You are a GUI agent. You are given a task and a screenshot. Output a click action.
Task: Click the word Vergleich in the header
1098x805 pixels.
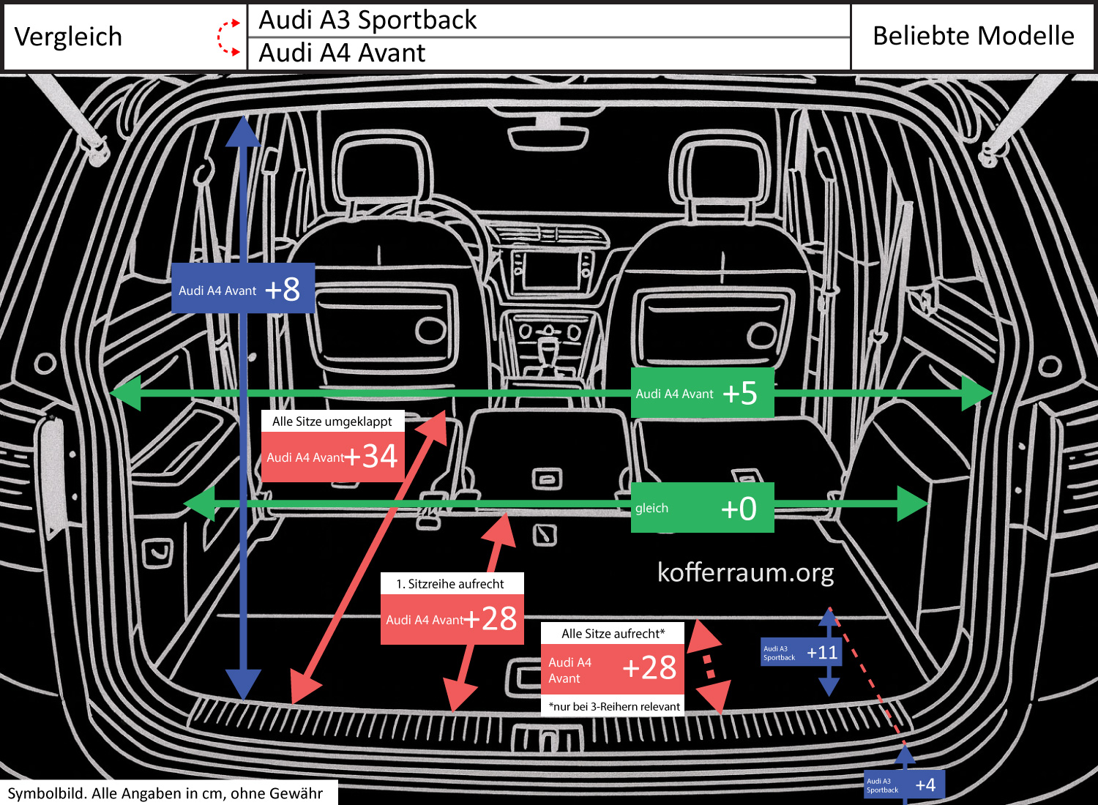(68, 37)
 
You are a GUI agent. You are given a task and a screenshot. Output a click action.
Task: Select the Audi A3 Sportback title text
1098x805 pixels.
(367, 20)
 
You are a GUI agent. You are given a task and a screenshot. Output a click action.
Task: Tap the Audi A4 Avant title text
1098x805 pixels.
(342, 53)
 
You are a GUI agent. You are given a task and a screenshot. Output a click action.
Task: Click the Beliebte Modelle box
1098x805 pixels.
(973, 36)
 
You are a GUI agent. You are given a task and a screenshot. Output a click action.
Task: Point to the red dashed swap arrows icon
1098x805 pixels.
(228, 37)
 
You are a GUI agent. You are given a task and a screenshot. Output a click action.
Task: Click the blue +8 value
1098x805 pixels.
(283, 290)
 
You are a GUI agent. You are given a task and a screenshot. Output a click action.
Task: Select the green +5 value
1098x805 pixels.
(739, 394)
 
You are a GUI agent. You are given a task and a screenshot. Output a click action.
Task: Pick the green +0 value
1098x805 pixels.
(738, 509)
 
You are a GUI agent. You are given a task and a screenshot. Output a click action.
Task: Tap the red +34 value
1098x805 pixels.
(372, 457)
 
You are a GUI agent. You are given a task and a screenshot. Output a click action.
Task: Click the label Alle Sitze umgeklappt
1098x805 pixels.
(332, 422)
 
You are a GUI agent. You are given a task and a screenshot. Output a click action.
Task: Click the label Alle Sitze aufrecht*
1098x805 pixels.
(613, 634)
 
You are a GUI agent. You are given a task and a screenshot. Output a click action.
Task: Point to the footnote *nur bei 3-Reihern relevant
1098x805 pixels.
(614, 707)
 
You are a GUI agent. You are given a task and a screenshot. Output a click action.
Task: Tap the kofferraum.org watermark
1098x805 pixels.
(745, 572)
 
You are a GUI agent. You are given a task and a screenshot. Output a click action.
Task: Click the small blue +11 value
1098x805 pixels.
(822, 653)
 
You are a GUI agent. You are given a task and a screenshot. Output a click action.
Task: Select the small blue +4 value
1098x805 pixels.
(925, 785)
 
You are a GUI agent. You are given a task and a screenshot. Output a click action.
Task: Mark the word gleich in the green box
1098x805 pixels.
(651, 509)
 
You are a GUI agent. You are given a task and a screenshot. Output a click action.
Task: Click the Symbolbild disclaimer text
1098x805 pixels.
(165, 793)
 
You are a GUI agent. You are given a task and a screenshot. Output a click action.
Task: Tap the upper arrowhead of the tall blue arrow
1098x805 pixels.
(243, 132)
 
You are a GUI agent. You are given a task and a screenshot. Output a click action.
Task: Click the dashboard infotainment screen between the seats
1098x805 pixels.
(553, 269)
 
